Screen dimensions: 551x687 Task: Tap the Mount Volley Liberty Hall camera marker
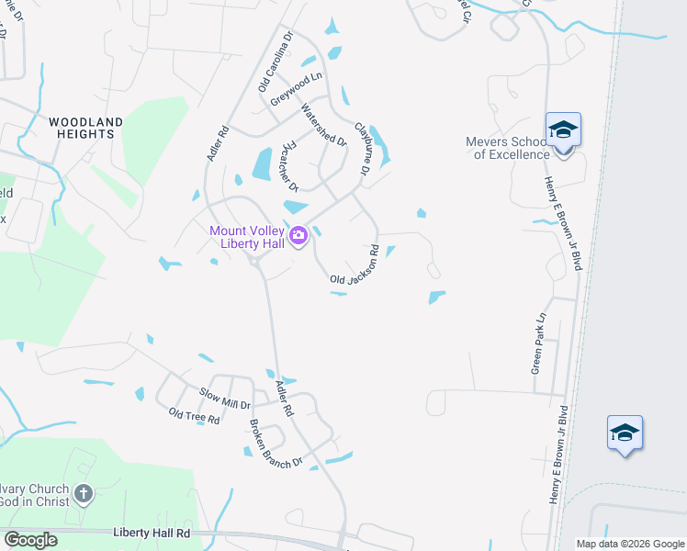(x=298, y=237)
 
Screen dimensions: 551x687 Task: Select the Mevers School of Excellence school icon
(x=563, y=129)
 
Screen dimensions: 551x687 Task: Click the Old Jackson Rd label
(x=355, y=266)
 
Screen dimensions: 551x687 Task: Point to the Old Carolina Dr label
(x=275, y=62)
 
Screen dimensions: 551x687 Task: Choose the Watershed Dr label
(x=323, y=125)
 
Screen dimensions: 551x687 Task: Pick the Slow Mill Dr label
(x=225, y=398)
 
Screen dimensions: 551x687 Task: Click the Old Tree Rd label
(x=194, y=418)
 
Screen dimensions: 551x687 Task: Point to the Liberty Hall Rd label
(x=152, y=532)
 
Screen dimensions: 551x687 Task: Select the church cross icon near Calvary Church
(x=83, y=494)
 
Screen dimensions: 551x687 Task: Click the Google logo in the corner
(x=30, y=539)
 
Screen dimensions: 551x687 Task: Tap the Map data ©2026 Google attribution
(x=629, y=544)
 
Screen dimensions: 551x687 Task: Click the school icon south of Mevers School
(x=625, y=433)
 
